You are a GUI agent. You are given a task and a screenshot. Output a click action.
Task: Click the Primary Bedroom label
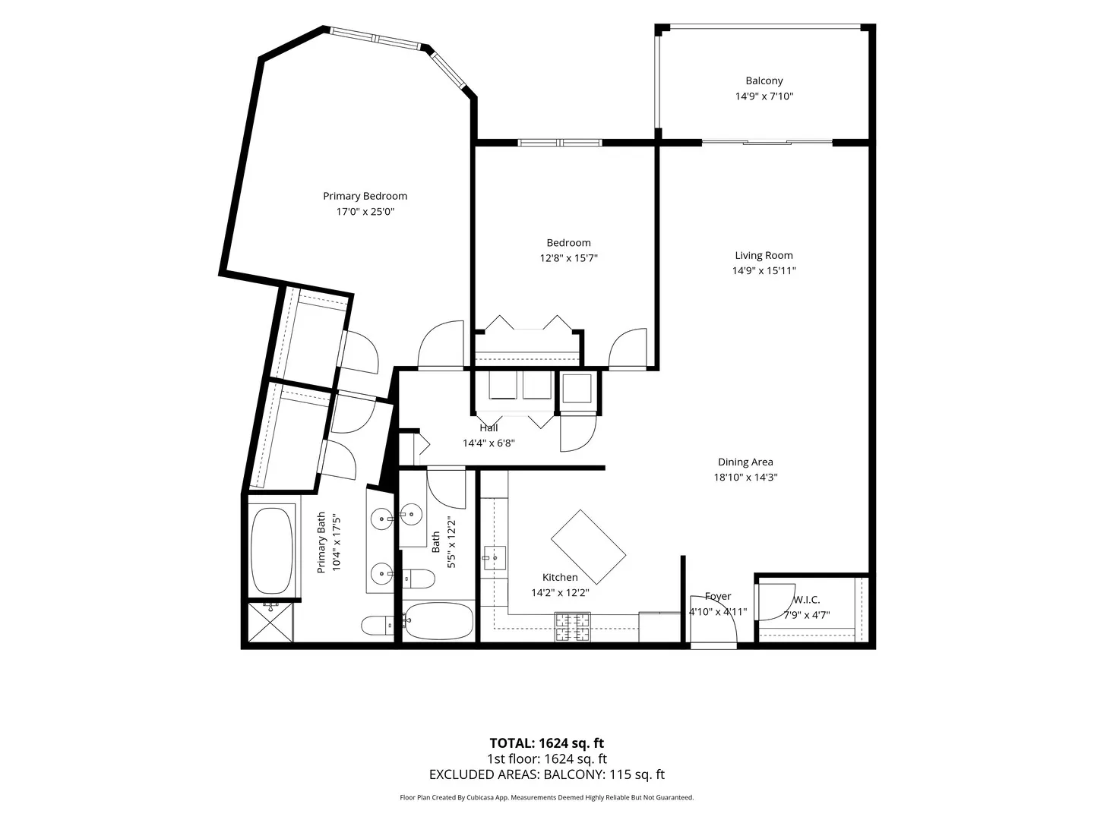pyautogui.click(x=365, y=196)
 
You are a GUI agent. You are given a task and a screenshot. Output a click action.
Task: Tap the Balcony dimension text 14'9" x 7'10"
pyautogui.click(x=764, y=96)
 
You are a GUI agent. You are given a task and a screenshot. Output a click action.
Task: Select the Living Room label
pyautogui.click(x=764, y=255)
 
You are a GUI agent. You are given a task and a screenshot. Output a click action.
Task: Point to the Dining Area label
pyautogui.click(x=745, y=462)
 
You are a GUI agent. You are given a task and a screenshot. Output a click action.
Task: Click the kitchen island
pyautogui.click(x=588, y=547)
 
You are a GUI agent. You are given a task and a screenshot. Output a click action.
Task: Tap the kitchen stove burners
pyautogui.click(x=572, y=627)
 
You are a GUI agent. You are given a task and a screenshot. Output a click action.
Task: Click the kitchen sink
pyautogui.click(x=494, y=558)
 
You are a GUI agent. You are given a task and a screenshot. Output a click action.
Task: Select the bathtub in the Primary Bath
pyautogui.click(x=272, y=550)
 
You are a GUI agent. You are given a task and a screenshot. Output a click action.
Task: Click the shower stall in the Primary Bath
pyautogui.click(x=270, y=623)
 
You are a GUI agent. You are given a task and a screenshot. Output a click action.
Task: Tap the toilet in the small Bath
pyautogui.click(x=419, y=579)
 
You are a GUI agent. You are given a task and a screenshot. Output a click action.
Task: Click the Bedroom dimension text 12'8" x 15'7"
pyautogui.click(x=568, y=258)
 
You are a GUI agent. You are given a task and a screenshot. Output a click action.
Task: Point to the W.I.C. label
pyautogui.click(x=806, y=600)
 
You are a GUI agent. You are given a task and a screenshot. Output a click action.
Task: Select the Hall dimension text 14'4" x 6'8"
pyautogui.click(x=489, y=443)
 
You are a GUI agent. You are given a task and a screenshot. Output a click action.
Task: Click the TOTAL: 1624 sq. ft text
pyautogui.click(x=546, y=743)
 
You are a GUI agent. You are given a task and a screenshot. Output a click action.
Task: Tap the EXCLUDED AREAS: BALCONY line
pyautogui.click(x=547, y=774)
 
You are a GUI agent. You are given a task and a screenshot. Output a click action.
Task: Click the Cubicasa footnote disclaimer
pyautogui.click(x=546, y=797)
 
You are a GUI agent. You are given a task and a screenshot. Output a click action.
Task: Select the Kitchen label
pyautogui.click(x=560, y=578)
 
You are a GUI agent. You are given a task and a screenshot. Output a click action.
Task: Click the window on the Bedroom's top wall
pyautogui.click(x=560, y=143)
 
